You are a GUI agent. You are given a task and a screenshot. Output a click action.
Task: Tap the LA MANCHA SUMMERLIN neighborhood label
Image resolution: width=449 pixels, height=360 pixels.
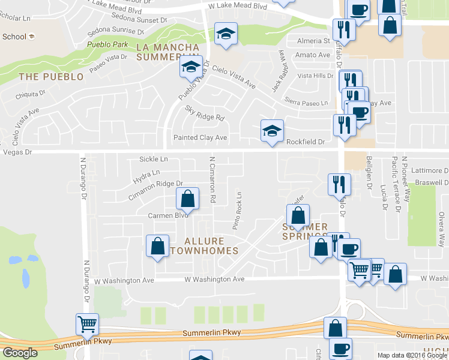[x=167, y=52]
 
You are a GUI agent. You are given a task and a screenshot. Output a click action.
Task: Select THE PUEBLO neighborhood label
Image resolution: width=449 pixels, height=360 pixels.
[x=51, y=77]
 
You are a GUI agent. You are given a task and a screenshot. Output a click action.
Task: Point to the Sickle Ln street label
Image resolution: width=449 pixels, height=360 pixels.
[x=153, y=159]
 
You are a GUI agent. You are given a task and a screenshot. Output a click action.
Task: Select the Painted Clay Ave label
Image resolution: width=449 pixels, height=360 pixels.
[x=200, y=138]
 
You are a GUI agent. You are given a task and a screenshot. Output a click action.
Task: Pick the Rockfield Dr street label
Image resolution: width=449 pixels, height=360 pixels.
[x=305, y=142]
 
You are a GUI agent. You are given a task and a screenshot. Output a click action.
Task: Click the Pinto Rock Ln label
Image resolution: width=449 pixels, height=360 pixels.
[x=238, y=211]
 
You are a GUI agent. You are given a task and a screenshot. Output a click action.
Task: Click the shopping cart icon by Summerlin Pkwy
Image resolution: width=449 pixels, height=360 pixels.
[x=88, y=324]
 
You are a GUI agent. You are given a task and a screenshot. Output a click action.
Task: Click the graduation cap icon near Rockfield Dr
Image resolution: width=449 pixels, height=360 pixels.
[x=272, y=130]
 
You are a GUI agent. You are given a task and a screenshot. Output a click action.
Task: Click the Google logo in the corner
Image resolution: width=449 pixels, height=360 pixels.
[x=20, y=353]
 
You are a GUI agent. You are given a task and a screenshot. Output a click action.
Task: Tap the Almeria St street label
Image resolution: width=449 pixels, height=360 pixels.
[x=315, y=41]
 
